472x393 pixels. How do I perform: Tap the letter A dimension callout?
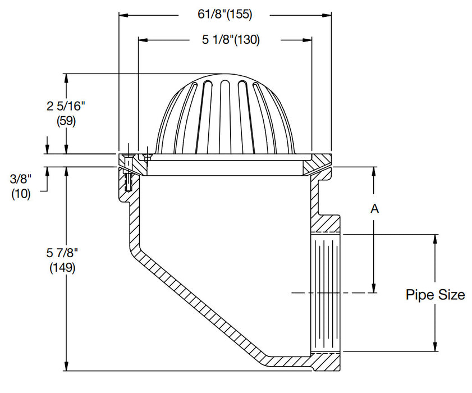click(374, 209)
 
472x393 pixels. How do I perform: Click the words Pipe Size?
click(435, 295)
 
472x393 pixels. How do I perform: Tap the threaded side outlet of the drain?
click(326, 292)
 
